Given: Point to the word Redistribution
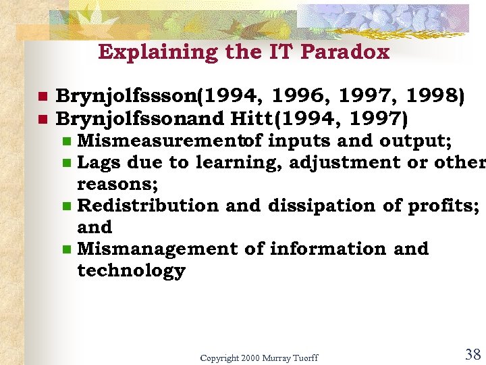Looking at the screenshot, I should coord(148,205).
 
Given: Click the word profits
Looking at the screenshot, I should coord(443,205).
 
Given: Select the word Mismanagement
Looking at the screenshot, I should coord(158,249).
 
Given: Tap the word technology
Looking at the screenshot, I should coord(131,270).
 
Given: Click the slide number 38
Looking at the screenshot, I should coord(473,354).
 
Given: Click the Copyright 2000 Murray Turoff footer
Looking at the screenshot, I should coord(259,358).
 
